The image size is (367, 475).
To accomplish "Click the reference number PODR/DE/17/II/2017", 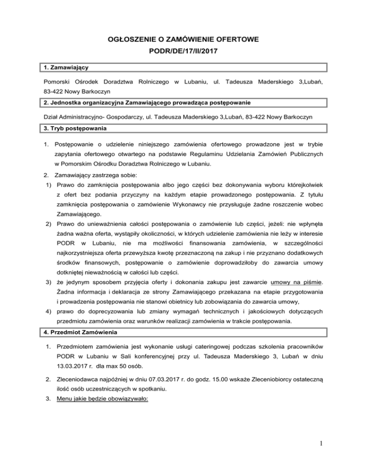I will click(x=183, y=50).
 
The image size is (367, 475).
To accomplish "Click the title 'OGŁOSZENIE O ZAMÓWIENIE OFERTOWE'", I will click(x=183, y=35).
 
